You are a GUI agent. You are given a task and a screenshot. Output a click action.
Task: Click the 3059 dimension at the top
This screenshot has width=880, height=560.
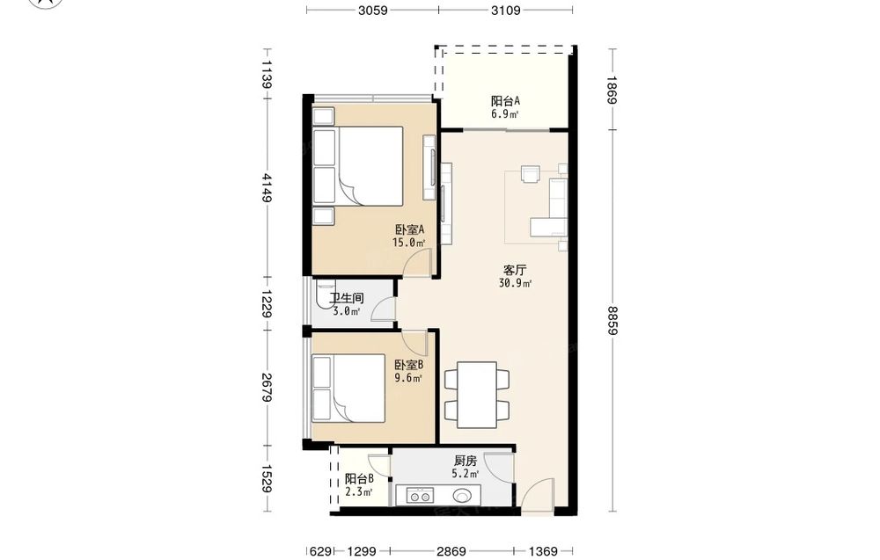(372, 10)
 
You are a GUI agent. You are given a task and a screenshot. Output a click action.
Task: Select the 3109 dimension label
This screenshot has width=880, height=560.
(506, 10)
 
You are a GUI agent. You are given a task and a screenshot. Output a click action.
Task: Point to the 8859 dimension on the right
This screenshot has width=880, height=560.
(612, 321)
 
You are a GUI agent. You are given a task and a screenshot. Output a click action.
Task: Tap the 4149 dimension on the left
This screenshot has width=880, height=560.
(268, 188)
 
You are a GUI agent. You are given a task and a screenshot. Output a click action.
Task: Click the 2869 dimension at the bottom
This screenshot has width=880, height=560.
(451, 551)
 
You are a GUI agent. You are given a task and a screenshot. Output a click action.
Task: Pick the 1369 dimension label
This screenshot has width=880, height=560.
(543, 551)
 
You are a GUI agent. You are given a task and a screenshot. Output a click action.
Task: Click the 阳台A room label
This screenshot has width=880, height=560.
(505, 101)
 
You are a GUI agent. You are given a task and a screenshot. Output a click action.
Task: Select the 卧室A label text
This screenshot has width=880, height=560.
(409, 229)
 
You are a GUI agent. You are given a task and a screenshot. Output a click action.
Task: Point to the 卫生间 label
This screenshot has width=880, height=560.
(346, 298)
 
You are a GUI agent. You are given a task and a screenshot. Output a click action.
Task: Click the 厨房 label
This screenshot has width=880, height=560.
(466, 461)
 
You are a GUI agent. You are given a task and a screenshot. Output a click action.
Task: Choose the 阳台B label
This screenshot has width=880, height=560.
(359, 479)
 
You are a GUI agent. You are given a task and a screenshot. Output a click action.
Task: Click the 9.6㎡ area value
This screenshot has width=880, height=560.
(408, 378)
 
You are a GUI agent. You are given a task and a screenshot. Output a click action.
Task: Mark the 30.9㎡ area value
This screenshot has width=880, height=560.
(515, 283)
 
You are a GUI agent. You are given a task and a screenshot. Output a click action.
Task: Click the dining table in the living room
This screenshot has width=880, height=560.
(477, 395)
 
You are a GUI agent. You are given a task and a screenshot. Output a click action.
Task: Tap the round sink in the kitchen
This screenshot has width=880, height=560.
(463, 496)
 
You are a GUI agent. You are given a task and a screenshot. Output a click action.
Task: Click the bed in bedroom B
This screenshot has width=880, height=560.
(348, 388)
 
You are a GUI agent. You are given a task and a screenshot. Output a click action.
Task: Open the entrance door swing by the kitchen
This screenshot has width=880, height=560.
(538, 494)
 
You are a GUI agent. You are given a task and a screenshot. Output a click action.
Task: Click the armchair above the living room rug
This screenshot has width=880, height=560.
(531, 173)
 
